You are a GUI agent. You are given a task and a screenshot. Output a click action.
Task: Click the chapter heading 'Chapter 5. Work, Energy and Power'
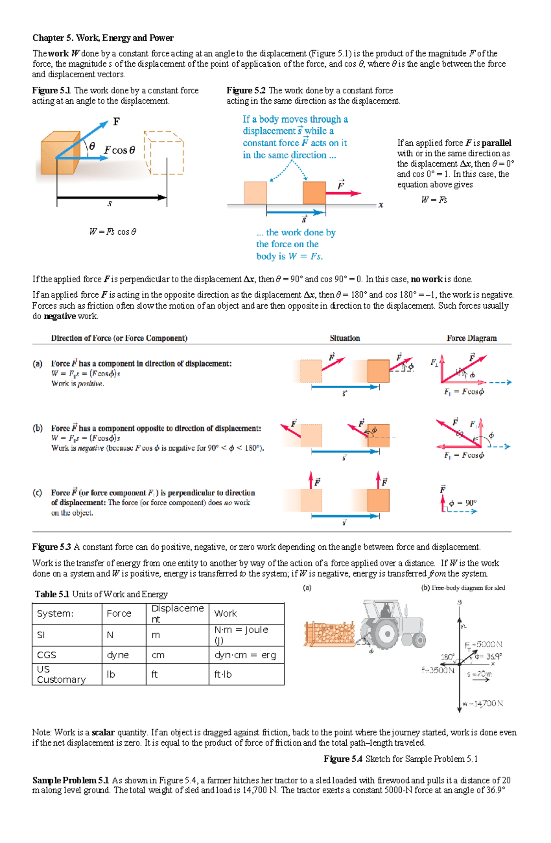[x=103, y=38]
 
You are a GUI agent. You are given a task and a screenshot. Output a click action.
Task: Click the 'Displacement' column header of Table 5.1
[x=177, y=613]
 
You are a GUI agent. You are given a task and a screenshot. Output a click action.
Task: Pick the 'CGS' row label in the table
[x=47, y=655]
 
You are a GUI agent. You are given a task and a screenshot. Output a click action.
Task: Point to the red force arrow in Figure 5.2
[x=343, y=193]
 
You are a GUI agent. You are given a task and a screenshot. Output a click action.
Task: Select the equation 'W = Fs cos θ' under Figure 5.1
[x=112, y=232]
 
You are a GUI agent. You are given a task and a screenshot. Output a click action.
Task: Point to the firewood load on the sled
[x=330, y=633]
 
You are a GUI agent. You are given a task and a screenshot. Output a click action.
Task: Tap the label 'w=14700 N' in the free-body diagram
[x=483, y=703]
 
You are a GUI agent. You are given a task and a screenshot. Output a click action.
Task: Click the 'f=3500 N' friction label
[x=438, y=670]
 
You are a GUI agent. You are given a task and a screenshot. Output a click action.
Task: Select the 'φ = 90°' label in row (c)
[x=463, y=503]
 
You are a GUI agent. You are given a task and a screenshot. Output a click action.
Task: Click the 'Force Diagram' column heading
[x=472, y=339]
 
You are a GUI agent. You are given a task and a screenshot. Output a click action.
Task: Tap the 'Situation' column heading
[x=344, y=339]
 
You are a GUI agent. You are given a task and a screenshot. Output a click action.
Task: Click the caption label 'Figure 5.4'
[x=343, y=759]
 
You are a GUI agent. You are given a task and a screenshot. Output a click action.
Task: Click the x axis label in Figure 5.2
[x=381, y=205]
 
